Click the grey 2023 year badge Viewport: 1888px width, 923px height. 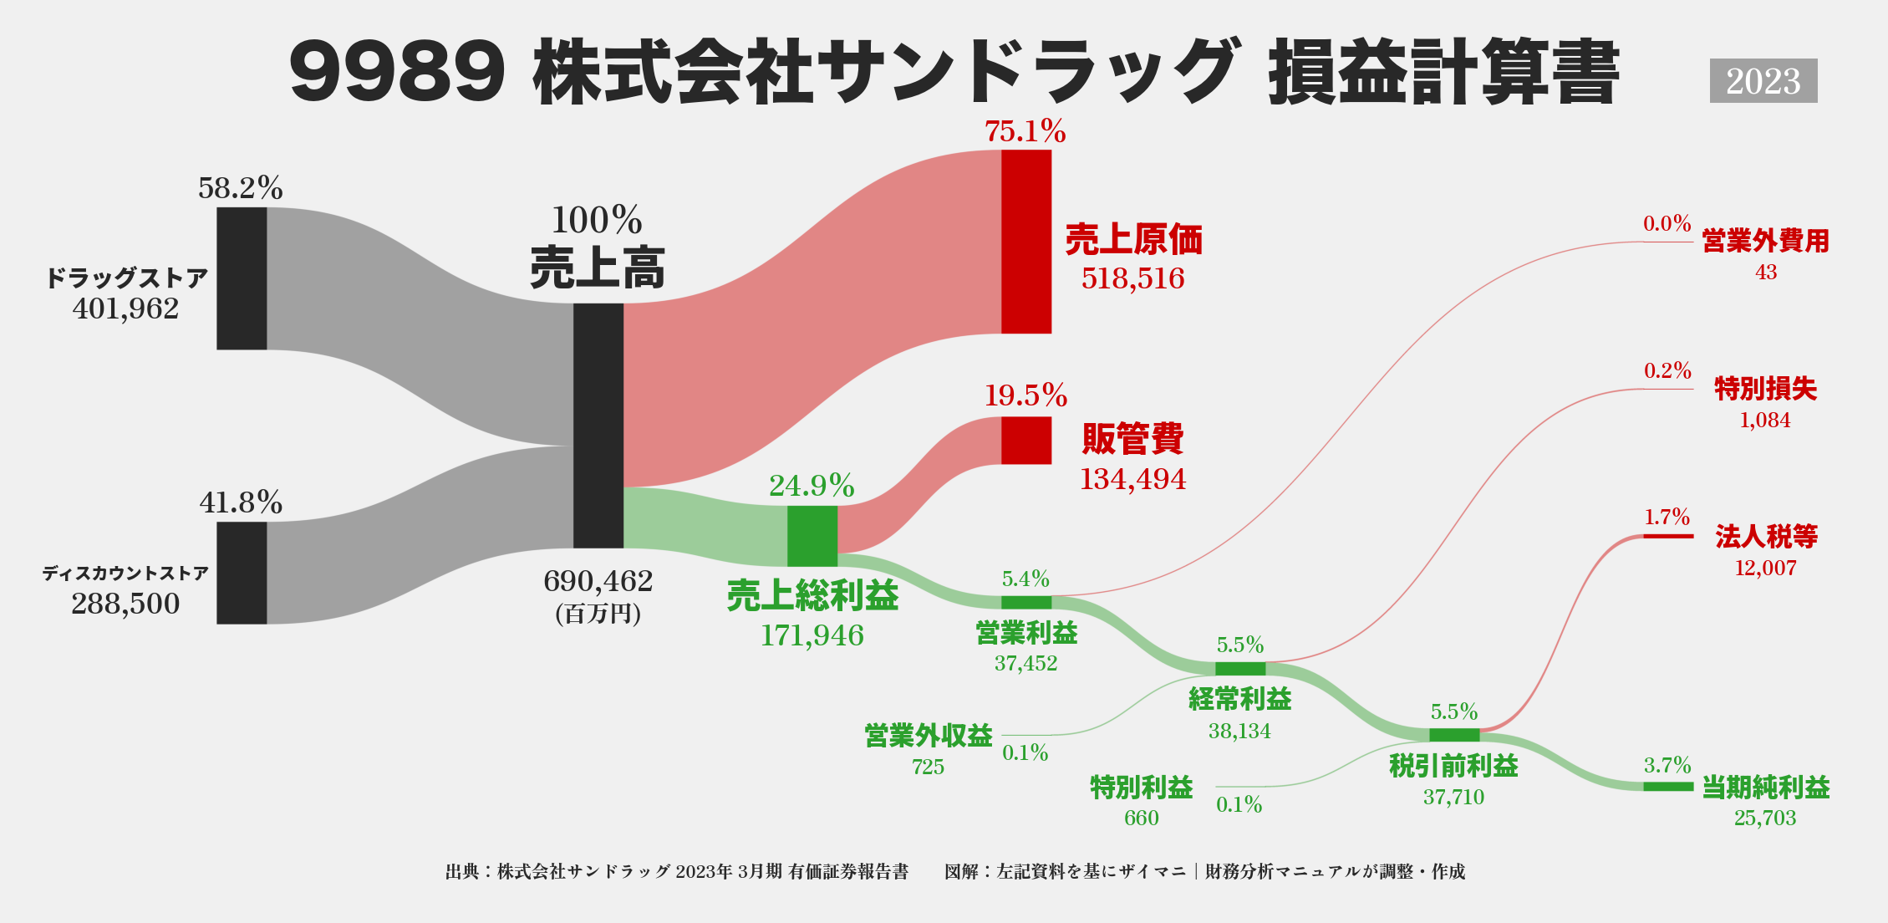[1763, 81]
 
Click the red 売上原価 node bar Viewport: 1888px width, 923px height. [1026, 242]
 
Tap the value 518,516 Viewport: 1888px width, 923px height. [1132, 278]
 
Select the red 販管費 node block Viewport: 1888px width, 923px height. [1026, 441]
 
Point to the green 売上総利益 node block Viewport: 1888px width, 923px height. [812, 536]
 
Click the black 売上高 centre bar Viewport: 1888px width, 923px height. [598, 426]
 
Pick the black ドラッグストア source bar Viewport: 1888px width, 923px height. [242, 278]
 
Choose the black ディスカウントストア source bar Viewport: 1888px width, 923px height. [242, 573]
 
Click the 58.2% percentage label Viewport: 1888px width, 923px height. [241, 188]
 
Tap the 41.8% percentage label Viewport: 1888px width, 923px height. [241, 502]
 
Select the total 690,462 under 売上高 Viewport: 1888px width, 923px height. [598, 581]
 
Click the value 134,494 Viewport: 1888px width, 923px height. [1132, 479]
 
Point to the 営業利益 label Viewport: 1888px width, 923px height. [1026, 633]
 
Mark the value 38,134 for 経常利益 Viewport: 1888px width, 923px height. [1239, 732]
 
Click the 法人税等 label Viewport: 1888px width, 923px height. [1766, 536]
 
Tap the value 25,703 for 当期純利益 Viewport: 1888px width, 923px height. [1765, 818]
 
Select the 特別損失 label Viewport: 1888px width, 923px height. [1765, 389]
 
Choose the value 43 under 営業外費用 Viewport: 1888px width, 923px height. [1766, 273]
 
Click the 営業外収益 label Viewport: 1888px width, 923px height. [929, 736]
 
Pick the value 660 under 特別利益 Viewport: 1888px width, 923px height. [1141, 818]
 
